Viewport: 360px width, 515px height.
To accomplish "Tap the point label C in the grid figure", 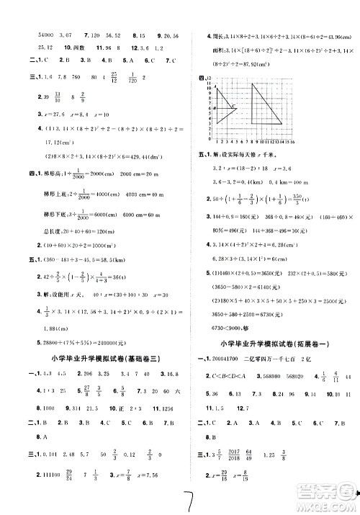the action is coord(233,107).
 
